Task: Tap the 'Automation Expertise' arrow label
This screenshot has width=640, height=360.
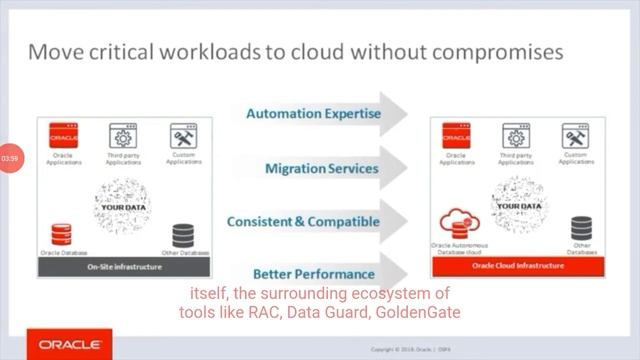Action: click(313, 114)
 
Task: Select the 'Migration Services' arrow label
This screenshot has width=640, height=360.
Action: click(321, 168)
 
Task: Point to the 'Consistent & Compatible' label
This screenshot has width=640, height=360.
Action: click(303, 221)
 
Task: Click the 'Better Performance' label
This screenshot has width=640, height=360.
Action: click(313, 274)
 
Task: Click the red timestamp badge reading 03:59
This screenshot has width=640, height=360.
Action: click(10, 158)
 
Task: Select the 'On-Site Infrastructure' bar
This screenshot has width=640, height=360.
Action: click(123, 267)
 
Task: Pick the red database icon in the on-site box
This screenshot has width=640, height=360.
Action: click(61, 235)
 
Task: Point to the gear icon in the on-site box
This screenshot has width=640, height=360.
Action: click(123, 137)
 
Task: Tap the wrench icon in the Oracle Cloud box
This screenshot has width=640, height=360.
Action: click(575, 136)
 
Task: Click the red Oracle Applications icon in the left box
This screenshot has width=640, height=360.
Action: click(63, 136)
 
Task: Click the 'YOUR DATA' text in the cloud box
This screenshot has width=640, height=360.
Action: click(517, 195)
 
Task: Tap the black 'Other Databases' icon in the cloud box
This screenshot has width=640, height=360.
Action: click(581, 229)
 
